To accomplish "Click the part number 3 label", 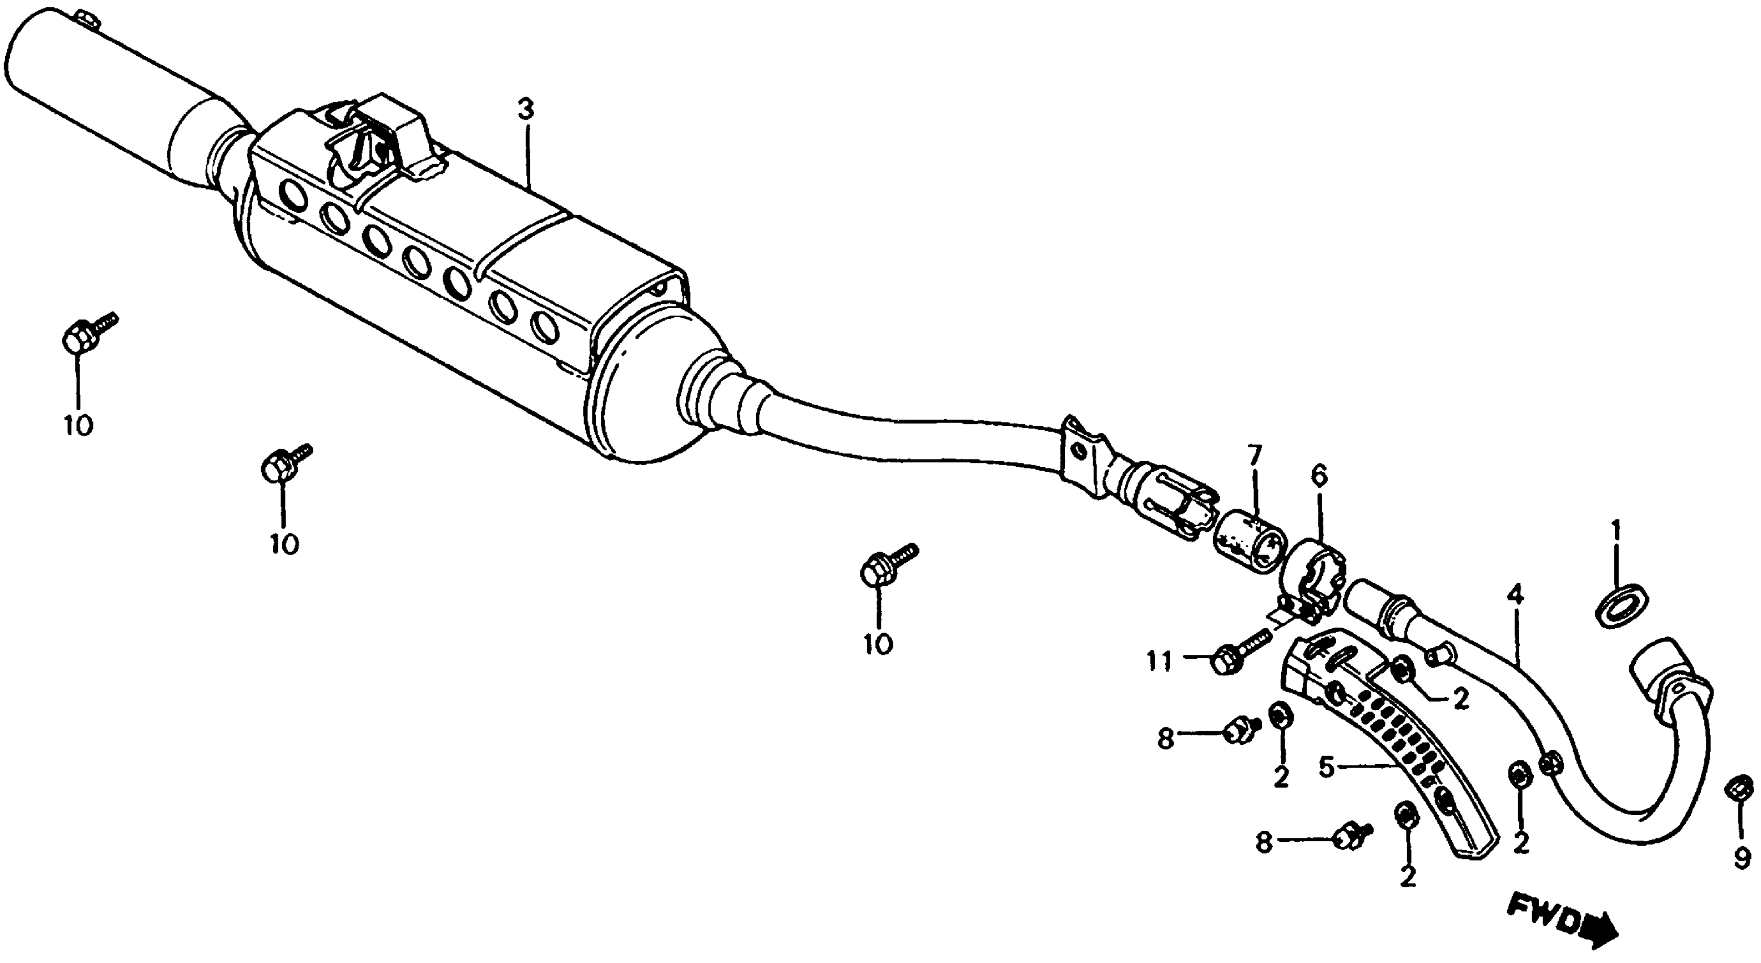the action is click(x=525, y=110).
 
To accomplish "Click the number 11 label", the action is click(x=1159, y=661).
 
